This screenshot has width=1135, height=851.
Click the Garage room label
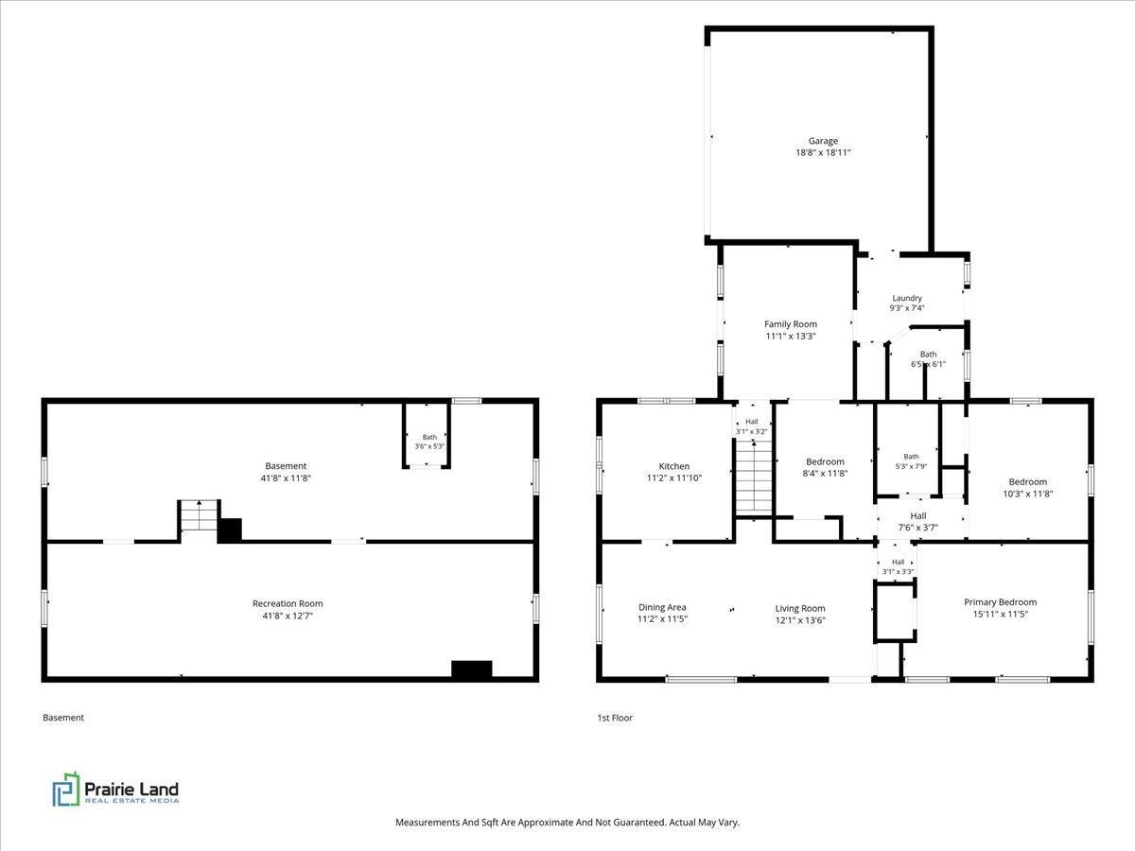point(823,141)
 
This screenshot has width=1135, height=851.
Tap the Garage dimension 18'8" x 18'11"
point(823,152)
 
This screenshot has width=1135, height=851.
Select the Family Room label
point(791,324)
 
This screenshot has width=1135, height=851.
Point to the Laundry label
point(907,298)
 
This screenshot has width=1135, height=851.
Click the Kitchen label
point(673,466)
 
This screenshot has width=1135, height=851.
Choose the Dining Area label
point(662,607)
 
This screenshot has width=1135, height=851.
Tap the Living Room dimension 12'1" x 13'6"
point(800,620)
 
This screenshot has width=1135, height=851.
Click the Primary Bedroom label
point(1000,602)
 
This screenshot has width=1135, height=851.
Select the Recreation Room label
point(288,603)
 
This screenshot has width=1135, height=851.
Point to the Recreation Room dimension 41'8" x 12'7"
point(288,616)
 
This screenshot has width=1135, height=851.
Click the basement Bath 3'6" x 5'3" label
point(429,442)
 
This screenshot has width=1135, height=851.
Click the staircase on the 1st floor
point(754,478)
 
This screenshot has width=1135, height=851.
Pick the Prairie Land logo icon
point(66,790)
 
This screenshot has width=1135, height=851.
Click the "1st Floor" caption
point(615,718)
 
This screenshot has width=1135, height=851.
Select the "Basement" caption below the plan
point(63,718)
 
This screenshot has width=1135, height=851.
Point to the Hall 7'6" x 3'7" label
point(918,521)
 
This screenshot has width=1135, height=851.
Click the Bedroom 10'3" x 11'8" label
point(1027,488)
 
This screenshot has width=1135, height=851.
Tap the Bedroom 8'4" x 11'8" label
point(825,467)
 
